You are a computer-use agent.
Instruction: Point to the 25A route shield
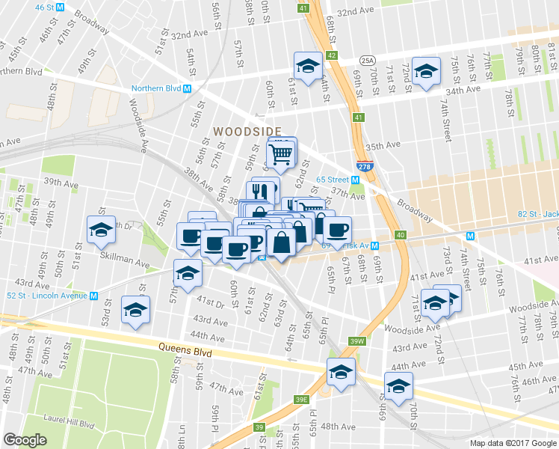coord(367,61)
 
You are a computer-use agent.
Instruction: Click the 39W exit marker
coord(358,341)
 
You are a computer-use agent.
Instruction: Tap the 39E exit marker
coord(301,400)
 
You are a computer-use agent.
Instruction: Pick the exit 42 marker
coord(333,55)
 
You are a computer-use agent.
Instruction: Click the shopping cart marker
coord(282,154)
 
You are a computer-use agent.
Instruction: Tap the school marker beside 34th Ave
coord(427,73)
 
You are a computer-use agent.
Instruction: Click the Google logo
coord(25,440)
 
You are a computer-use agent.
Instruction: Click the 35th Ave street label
coord(383,146)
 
